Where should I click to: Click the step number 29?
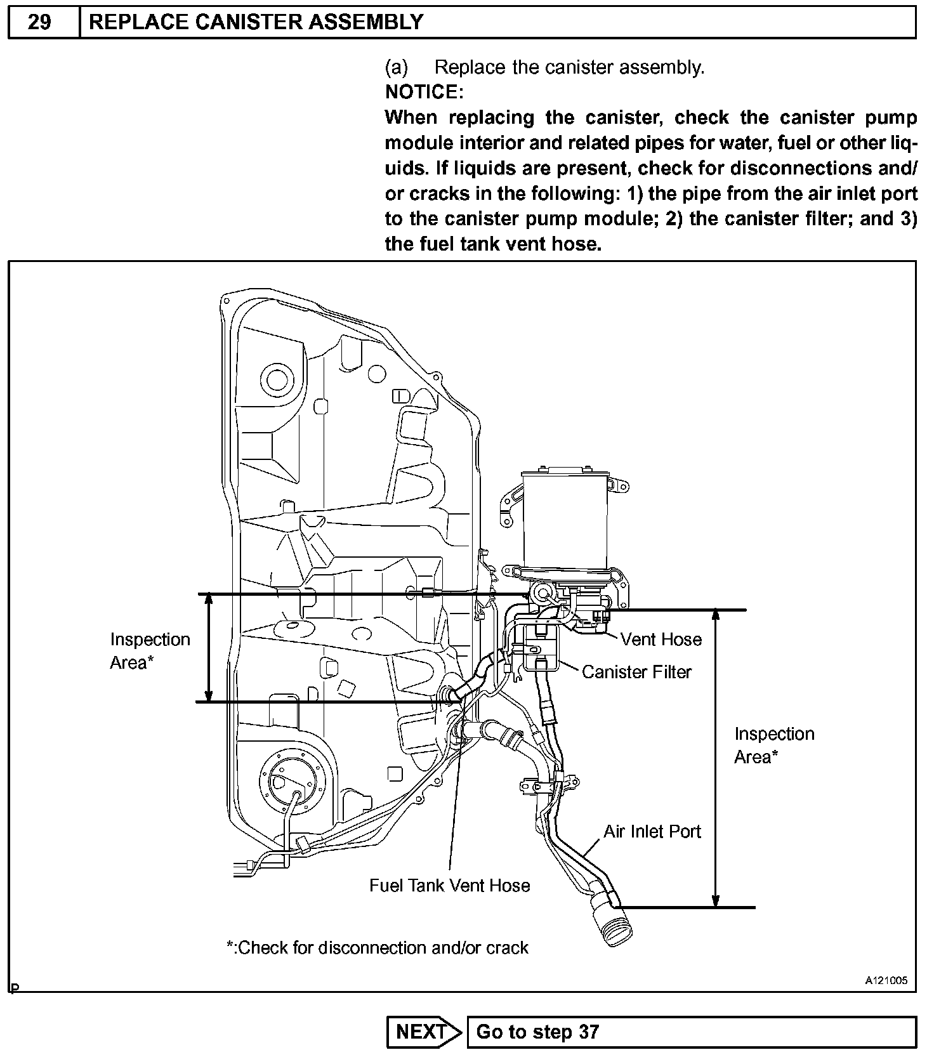[40, 22]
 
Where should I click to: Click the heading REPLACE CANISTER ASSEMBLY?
[256, 22]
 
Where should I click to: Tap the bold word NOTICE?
[424, 92]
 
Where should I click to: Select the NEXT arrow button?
[424, 1032]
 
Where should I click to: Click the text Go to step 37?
[537, 1032]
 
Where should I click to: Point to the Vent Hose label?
[661, 639]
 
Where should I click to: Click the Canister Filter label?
[636, 672]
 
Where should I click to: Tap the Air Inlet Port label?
[652, 831]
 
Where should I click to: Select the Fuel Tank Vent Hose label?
[449, 885]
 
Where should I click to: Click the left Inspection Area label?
[150, 650]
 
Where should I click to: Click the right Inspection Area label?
[773, 745]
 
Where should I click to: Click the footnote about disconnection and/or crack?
[378, 947]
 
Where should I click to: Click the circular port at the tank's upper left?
[277, 379]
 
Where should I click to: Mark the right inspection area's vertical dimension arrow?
[716, 758]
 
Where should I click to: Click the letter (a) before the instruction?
[397, 67]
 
